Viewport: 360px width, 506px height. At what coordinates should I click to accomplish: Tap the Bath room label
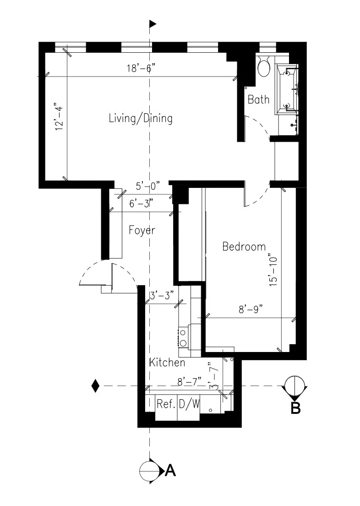pyautogui.click(x=258, y=99)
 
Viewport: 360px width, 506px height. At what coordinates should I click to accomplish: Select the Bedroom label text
pyautogui.click(x=244, y=247)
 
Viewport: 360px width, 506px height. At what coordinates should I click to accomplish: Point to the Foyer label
pyautogui.click(x=141, y=230)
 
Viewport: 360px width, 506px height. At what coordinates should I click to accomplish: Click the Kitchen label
pyautogui.click(x=167, y=363)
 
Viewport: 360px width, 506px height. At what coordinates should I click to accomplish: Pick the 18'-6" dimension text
pyautogui.click(x=142, y=69)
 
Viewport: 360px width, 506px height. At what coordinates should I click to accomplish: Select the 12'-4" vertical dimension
pyautogui.click(x=58, y=119)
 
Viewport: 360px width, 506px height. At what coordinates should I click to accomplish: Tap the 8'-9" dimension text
pyautogui.click(x=249, y=310)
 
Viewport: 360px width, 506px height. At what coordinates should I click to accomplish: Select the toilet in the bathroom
pyautogui.click(x=263, y=67)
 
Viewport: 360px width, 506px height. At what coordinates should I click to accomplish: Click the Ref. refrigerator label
pyautogui.click(x=165, y=404)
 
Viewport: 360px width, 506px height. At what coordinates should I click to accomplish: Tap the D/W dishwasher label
pyautogui.click(x=189, y=404)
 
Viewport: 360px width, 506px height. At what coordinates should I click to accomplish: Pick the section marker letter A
pyautogui.click(x=170, y=470)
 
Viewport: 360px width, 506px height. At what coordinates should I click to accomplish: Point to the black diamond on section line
pyautogui.click(x=95, y=386)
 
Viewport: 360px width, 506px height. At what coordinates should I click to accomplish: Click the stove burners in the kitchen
pyautogui.click(x=183, y=337)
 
